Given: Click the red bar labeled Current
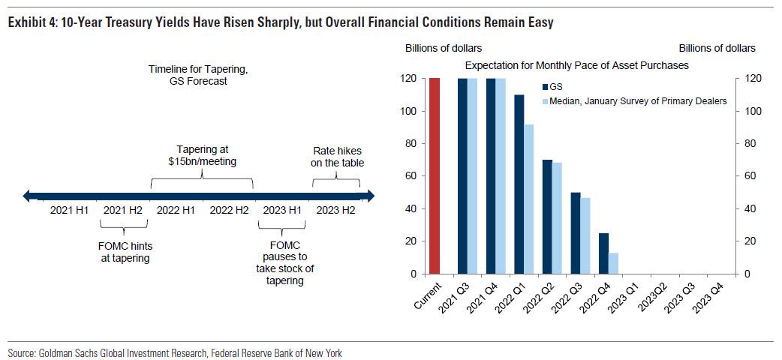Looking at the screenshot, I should (435, 175).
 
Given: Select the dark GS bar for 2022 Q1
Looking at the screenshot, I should (519, 184).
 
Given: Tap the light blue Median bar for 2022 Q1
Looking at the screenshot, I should (529, 199).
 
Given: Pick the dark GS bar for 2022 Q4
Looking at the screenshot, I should (603, 253).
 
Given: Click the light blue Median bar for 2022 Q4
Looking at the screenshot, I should (613, 263).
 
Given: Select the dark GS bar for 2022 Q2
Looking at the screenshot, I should (547, 217).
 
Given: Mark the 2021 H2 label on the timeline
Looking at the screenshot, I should (123, 210).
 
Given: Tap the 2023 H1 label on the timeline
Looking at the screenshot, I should (281, 210).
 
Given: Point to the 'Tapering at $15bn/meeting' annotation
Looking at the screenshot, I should (202, 155).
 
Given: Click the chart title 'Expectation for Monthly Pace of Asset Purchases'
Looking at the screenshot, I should (576, 65).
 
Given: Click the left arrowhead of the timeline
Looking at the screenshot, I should (28, 196).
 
